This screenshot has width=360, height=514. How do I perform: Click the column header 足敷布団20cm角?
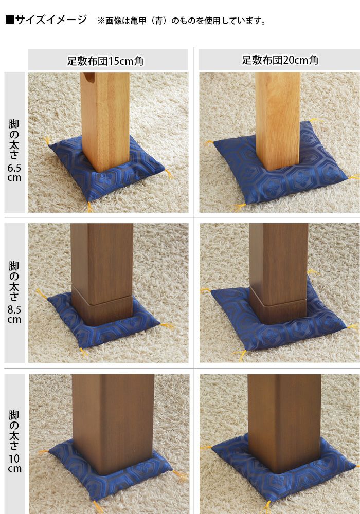tap(280, 60)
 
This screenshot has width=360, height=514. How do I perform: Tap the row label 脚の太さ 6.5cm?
tap(14, 151)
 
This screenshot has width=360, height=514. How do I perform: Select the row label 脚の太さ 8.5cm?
tap(14, 292)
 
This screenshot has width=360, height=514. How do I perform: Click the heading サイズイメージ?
tap(51, 20)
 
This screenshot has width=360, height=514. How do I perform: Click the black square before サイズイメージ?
tap(9, 20)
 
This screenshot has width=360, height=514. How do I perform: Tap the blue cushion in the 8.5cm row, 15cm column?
tap(103, 321)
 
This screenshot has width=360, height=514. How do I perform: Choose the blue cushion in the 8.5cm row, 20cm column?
tap(278, 320)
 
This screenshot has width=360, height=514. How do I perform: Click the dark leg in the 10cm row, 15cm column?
tap(113, 424)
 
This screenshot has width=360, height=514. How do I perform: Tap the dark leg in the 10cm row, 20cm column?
tap(284, 423)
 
